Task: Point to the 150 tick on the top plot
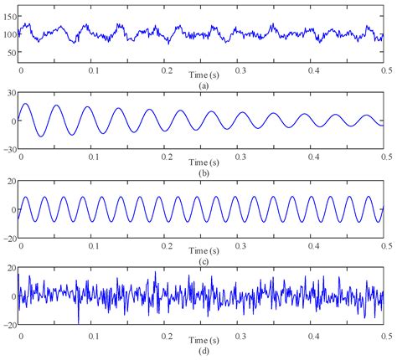tap(11, 16)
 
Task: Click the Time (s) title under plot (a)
tap(204, 76)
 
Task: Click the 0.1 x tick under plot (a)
tap(92, 69)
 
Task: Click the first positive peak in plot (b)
tap(27, 104)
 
